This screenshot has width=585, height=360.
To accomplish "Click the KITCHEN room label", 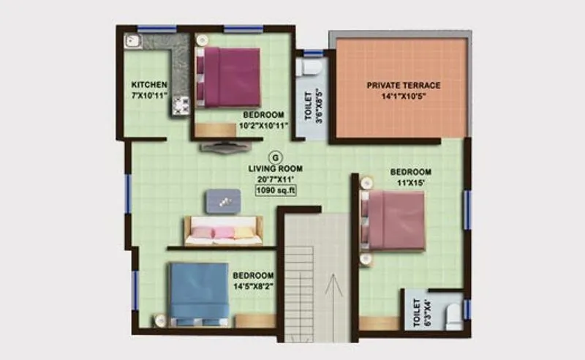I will [150, 85].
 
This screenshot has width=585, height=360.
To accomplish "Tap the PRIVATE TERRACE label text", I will [403, 85].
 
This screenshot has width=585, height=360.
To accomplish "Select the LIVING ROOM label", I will [275, 168].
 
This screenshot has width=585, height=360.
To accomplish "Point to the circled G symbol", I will [275, 156].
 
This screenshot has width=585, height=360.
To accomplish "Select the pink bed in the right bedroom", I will [393, 220].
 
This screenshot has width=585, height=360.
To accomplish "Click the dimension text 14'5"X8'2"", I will [253, 287].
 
